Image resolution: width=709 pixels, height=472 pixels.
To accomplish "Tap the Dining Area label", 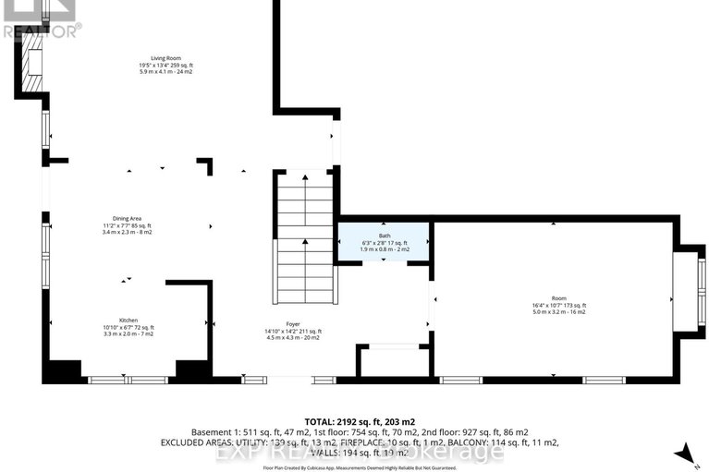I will pos(128,217).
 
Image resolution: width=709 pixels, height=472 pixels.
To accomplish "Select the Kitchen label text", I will pos(128,320).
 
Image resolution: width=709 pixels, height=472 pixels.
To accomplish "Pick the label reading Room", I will pos(558,297).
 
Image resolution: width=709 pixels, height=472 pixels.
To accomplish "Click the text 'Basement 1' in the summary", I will pos(215,432).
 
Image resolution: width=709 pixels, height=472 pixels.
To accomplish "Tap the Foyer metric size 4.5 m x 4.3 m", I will pos(291,337).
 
